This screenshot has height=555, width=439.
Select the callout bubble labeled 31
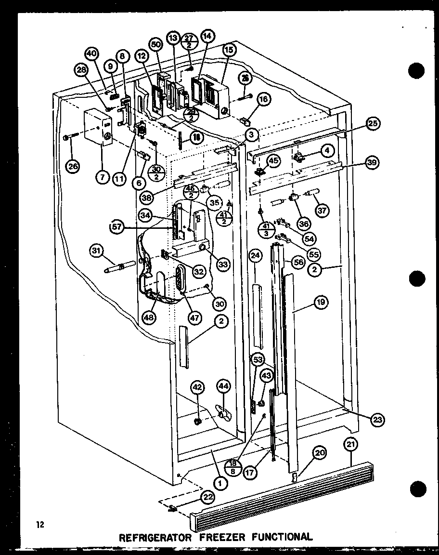97,250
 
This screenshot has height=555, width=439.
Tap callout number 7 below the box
102,177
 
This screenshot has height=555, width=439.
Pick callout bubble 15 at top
229,49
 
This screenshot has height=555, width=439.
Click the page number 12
39,524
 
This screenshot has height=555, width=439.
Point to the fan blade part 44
222,412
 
